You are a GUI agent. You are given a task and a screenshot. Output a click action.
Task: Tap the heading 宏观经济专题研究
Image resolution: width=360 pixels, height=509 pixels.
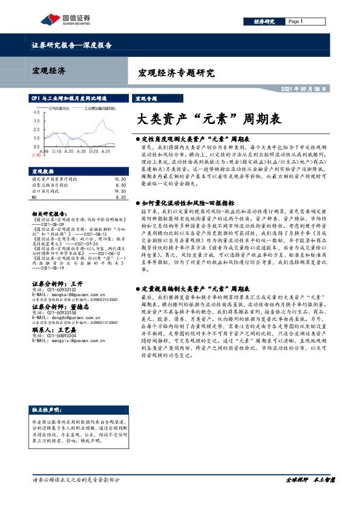(x=177, y=74)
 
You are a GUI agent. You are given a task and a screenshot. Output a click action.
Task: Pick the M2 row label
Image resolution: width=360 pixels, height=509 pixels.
(x=34, y=196)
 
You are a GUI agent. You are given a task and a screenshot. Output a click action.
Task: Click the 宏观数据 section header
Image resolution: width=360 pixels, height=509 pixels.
(x=44, y=171)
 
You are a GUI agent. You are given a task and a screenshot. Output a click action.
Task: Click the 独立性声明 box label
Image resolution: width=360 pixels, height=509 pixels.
(x=48, y=427)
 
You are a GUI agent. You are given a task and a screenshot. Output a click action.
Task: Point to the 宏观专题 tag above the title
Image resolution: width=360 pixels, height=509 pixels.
(x=146, y=98)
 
